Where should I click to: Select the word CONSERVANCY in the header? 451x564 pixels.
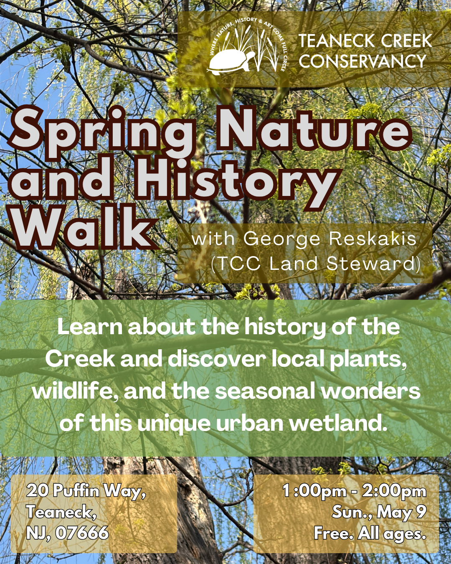[362, 61]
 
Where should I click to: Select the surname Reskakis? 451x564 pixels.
[373, 239]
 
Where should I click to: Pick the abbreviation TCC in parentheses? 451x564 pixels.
[239, 264]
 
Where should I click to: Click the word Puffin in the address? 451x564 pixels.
[76, 490]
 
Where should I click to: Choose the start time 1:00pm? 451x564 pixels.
[314, 491]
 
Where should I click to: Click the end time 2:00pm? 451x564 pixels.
[394, 491]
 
